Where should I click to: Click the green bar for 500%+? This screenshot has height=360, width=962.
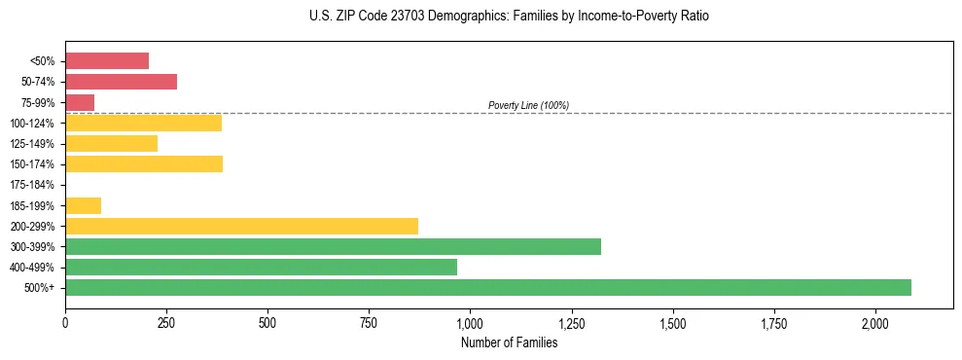(487, 287)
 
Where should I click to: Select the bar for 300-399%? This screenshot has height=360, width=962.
(333, 246)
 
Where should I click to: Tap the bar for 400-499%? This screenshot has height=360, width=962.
(261, 267)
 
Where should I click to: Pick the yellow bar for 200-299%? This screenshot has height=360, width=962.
(241, 226)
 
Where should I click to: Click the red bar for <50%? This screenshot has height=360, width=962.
(107, 61)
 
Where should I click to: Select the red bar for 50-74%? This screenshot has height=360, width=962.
(121, 82)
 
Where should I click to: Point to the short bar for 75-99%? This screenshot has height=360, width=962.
(80, 102)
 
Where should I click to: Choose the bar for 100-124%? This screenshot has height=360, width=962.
(143, 123)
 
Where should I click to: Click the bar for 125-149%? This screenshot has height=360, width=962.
(111, 143)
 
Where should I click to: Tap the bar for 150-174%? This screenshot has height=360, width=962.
(144, 163)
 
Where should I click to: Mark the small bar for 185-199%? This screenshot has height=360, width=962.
(83, 205)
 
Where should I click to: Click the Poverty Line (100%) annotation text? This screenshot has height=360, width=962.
(528, 105)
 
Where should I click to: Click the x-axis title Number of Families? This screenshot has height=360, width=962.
(509, 342)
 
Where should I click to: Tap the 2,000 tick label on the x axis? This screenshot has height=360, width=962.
(875, 322)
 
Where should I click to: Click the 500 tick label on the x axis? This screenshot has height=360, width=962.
(267, 322)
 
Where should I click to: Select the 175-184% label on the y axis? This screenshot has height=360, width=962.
(32, 185)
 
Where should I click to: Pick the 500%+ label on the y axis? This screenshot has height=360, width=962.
(41, 288)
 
